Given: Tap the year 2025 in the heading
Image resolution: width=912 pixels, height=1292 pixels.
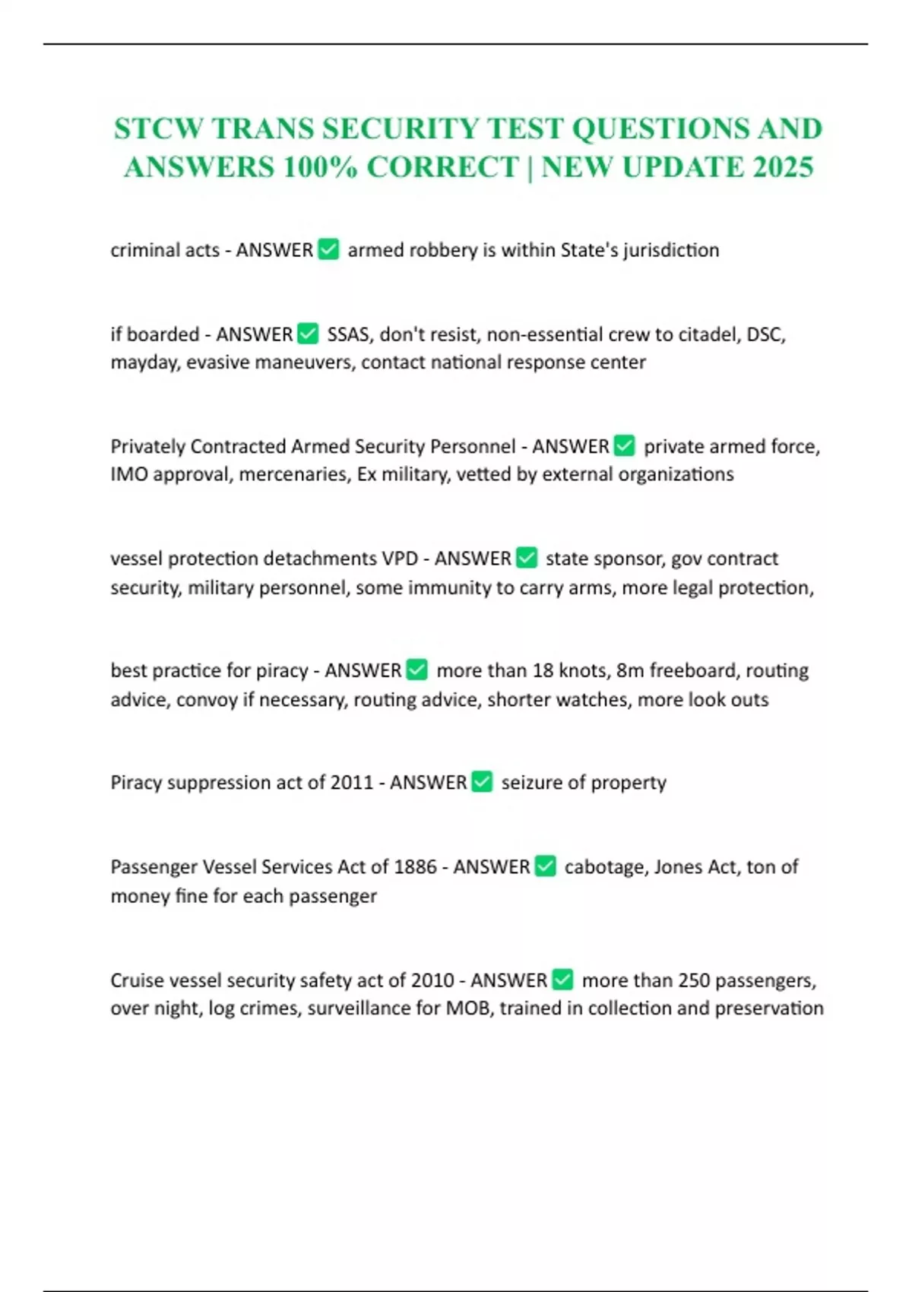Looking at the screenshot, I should (783, 167).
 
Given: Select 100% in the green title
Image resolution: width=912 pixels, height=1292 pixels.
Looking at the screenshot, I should (319, 167).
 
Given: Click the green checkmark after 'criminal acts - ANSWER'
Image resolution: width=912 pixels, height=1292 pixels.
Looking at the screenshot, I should (328, 249).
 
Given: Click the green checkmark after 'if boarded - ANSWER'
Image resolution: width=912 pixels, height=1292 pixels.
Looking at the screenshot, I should (308, 334).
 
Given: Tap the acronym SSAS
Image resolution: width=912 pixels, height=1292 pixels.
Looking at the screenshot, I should (350, 334).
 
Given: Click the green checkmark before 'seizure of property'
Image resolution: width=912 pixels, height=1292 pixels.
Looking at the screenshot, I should (483, 782).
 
